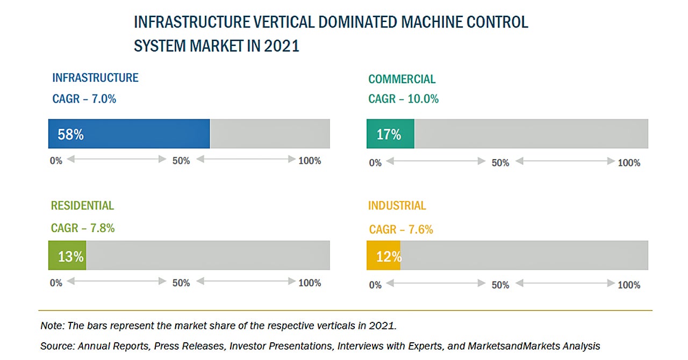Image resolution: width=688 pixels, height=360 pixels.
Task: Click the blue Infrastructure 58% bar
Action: [129, 134]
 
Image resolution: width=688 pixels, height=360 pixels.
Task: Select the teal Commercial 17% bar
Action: [390, 134]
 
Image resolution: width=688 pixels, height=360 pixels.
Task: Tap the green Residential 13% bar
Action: [67, 256]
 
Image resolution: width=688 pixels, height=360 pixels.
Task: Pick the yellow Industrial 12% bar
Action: [383, 256]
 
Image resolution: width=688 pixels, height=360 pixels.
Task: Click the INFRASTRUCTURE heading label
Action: [95, 78]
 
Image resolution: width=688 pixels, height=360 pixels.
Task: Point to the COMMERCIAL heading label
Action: [402, 80]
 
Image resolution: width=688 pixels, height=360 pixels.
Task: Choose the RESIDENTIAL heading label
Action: [82, 206]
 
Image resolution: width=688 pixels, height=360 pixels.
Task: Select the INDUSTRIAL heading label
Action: [397, 206]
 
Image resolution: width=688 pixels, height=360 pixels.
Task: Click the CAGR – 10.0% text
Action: [404, 99]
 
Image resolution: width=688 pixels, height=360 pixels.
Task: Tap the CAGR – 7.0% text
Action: [84, 99]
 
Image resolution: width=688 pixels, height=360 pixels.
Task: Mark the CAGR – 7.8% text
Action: [83, 228]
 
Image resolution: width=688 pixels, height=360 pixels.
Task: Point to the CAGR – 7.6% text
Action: [401, 230]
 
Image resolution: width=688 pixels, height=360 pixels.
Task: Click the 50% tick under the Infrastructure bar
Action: [181, 161]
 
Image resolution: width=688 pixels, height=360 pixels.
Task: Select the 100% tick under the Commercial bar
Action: [629, 163]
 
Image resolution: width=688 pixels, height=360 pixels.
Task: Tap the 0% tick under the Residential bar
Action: [56, 283]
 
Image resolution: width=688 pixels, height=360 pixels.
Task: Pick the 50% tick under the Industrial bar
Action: [500, 285]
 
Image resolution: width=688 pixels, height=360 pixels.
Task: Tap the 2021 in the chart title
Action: [282, 46]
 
